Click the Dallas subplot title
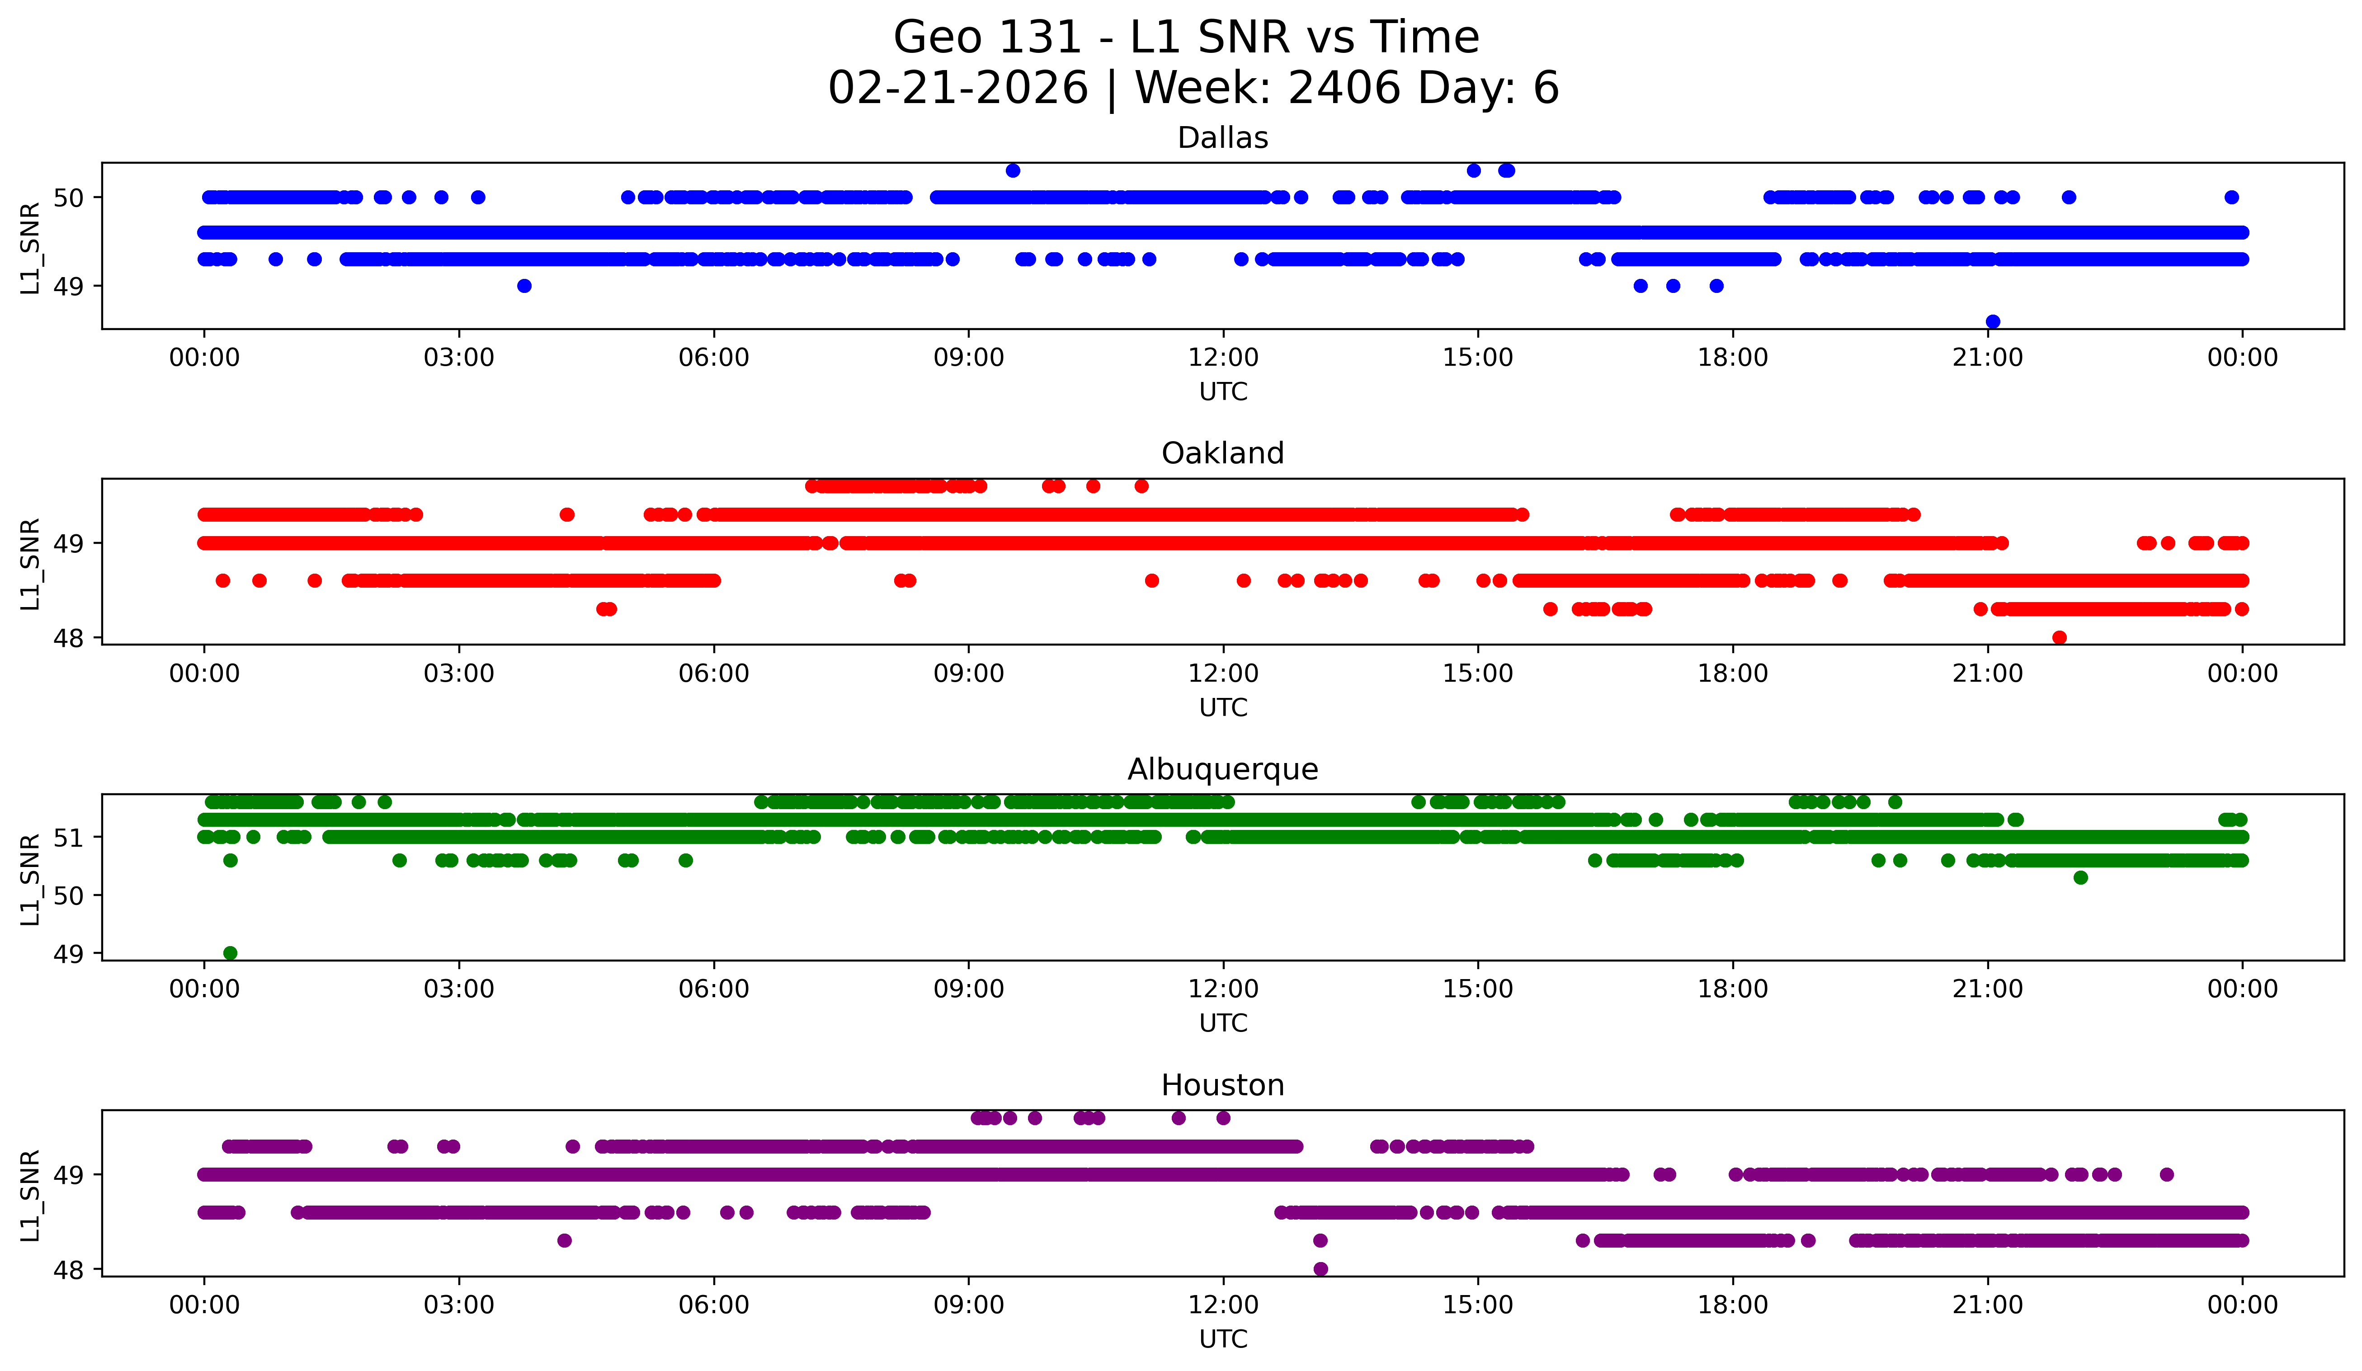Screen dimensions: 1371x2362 [x=1222, y=138]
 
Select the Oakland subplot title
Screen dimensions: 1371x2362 [x=1222, y=453]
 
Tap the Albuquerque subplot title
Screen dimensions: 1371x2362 [x=1222, y=769]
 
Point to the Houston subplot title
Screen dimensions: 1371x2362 [x=1222, y=1085]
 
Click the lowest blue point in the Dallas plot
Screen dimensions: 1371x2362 [x=1993, y=321]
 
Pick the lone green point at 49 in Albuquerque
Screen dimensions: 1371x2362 [x=230, y=953]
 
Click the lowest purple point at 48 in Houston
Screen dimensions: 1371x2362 [x=1320, y=1269]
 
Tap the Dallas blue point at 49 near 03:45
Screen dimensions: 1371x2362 [x=524, y=286]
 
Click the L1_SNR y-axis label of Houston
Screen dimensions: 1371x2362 [x=30, y=1196]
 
